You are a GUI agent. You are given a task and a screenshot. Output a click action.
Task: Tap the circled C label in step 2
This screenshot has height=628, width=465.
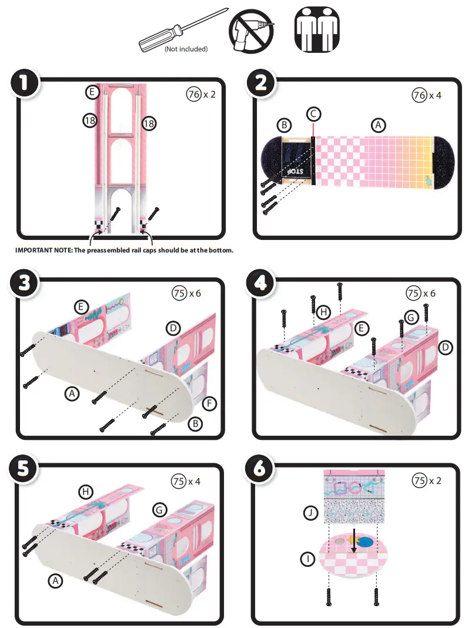[313, 113]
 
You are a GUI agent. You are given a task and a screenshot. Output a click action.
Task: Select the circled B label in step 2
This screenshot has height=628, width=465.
[285, 125]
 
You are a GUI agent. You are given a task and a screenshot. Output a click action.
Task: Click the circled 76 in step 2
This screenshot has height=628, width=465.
[420, 95]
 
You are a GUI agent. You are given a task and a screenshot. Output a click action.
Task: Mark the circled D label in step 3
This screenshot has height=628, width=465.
[173, 328]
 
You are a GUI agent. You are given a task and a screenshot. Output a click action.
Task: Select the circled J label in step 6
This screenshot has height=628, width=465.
[311, 514]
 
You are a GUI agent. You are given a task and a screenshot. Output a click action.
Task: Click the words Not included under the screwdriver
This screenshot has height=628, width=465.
[186, 49]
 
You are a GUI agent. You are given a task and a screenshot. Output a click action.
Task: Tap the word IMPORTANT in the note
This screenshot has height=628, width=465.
[35, 250]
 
